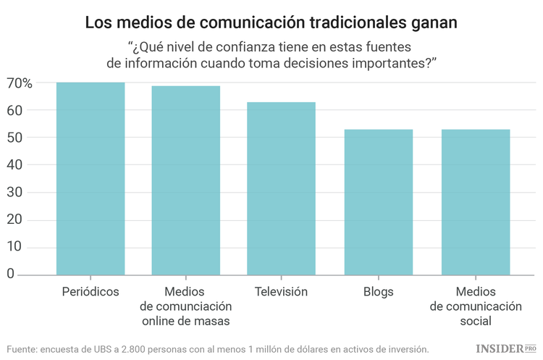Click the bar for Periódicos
click(90, 178)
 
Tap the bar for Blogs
click(378, 202)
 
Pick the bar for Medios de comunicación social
click(475, 202)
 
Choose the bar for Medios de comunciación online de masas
click(185, 180)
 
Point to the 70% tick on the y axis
click(20, 83)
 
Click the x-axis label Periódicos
click(90, 292)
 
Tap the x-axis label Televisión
click(281, 292)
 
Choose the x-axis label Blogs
click(378, 292)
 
